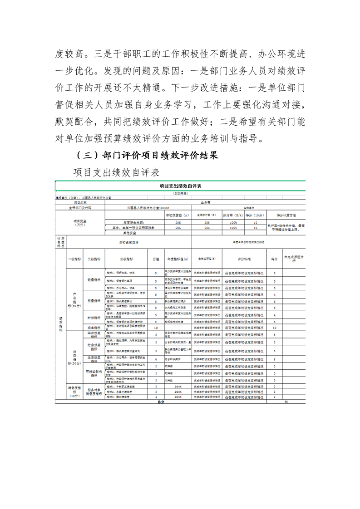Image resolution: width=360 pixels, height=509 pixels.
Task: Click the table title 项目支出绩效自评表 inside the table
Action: tap(180, 186)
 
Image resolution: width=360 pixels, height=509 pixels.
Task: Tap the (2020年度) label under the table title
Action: tap(180, 193)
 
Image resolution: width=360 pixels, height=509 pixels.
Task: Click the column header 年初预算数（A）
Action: tap(178, 215)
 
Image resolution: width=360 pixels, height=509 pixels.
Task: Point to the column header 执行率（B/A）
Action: tap(231, 215)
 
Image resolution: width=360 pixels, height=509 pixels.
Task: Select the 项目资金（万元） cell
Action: tap(80, 223)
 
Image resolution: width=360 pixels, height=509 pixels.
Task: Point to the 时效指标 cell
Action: tap(94, 318)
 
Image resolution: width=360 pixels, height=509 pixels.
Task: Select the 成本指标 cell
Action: tap(94, 327)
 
